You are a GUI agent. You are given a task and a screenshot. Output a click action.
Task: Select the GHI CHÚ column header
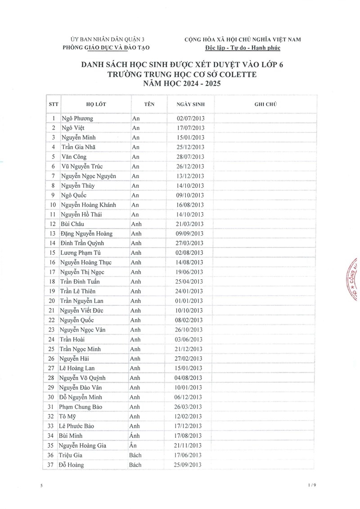(x=265, y=104)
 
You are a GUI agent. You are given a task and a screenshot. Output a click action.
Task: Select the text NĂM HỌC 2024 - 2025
(x=182, y=84)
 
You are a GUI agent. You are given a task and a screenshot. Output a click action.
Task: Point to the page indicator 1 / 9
(x=312, y=486)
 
